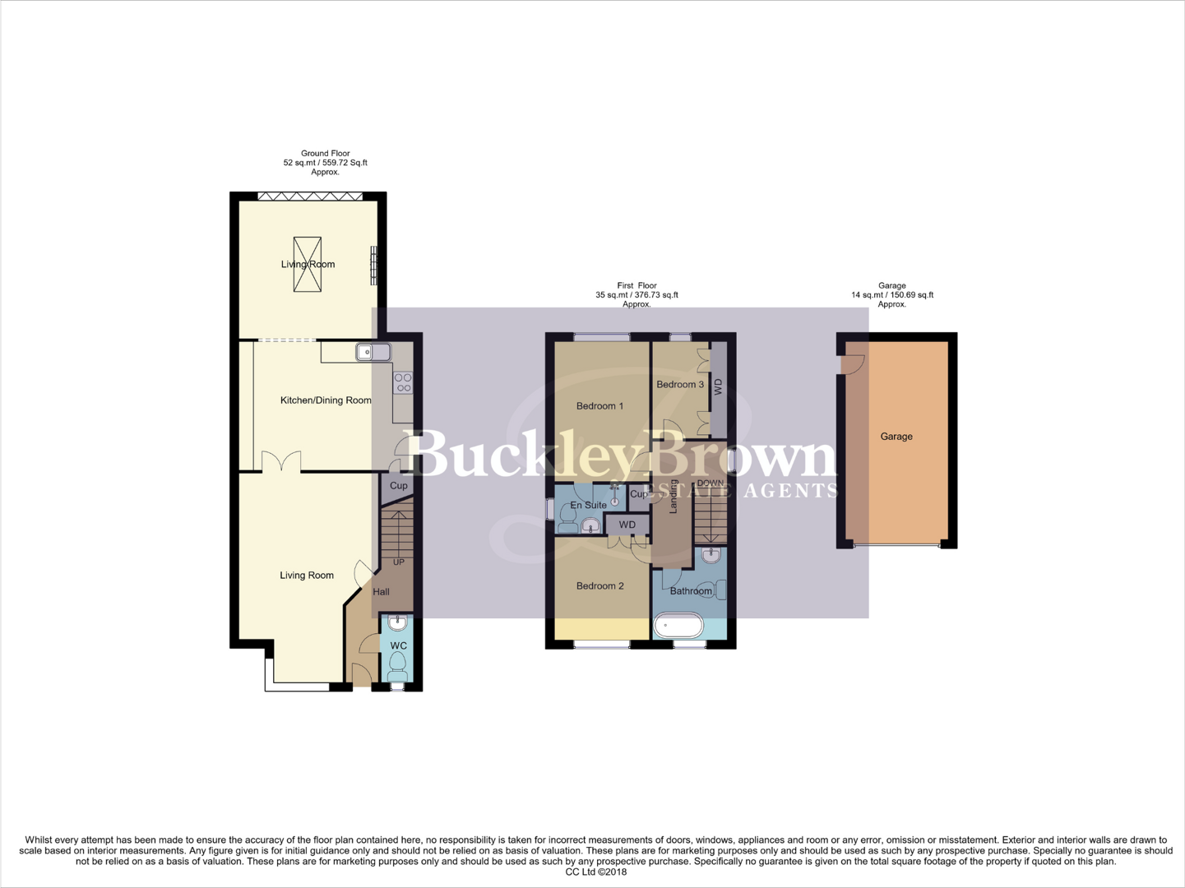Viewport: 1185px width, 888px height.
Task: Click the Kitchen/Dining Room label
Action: click(x=326, y=400)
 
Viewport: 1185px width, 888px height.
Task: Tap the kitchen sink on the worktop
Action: click(x=373, y=353)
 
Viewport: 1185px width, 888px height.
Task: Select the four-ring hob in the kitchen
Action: click(x=403, y=382)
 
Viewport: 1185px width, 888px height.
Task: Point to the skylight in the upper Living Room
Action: click(x=308, y=264)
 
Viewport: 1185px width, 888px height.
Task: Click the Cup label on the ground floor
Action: click(x=399, y=486)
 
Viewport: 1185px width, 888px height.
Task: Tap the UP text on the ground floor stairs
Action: click(x=399, y=562)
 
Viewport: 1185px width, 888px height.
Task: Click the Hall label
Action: click(x=382, y=592)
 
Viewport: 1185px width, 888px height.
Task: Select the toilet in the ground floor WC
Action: click(x=398, y=664)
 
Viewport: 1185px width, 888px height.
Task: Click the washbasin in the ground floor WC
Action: click(x=398, y=622)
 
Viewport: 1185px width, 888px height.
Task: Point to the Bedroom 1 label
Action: click(x=599, y=406)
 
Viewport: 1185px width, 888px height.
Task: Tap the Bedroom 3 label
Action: click(x=680, y=385)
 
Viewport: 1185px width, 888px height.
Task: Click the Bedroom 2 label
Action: click(x=599, y=586)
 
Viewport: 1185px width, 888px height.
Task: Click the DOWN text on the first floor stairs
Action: click(x=710, y=483)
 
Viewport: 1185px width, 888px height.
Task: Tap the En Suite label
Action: click(x=588, y=505)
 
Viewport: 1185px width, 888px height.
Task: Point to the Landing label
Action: click(x=674, y=497)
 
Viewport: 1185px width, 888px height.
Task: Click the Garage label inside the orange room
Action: click(x=896, y=437)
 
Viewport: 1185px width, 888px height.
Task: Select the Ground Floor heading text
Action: click(x=325, y=154)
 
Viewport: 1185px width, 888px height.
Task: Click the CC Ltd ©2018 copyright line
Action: click(x=596, y=872)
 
